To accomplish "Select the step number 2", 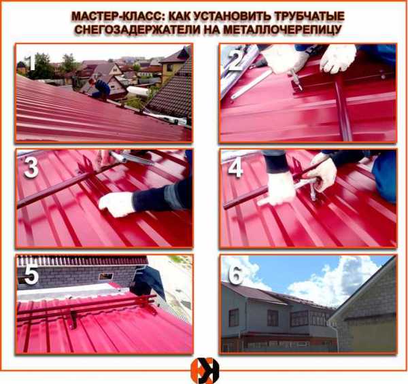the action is tap(236, 61).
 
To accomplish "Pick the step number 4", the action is tap(235, 168).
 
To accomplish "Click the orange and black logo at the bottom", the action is tap(205, 370).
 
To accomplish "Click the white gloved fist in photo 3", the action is tap(116, 204).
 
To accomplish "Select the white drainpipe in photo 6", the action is tap(338, 336).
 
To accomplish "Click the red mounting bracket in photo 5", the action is tap(73, 319).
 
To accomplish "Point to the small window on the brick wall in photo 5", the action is tap(106, 276).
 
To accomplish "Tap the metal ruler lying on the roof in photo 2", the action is tap(251, 84).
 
